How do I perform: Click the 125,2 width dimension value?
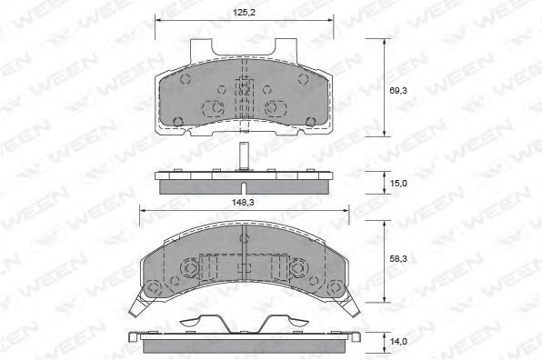(244, 13)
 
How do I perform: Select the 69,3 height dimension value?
(398, 91)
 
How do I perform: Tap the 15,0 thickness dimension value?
(398, 183)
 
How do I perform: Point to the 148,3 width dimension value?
(243, 203)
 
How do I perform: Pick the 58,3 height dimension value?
(398, 259)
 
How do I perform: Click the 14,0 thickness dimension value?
(398, 342)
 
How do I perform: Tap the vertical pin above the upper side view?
(244, 156)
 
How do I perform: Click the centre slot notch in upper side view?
(244, 188)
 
